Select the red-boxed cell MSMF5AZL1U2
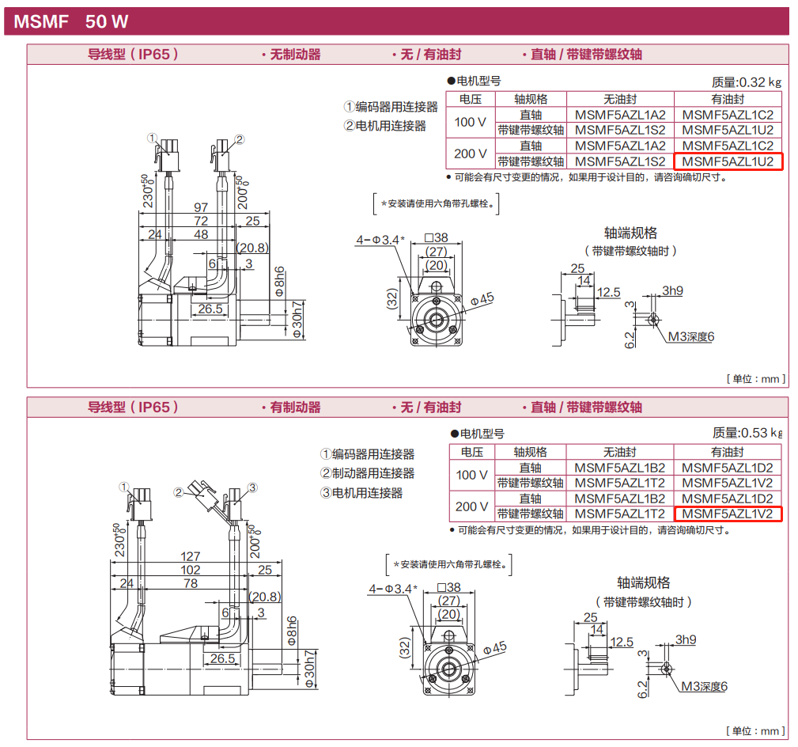click(728, 161)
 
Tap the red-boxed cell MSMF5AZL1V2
click(728, 514)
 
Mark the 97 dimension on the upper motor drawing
click(201, 207)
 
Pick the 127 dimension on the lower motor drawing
click(191, 556)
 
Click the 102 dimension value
click(191, 570)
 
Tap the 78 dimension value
click(191, 584)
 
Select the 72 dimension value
click(201, 221)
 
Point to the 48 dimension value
click(201, 235)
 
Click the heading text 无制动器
click(291, 55)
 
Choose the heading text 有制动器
click(291, 408)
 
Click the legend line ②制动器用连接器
click(367, 473)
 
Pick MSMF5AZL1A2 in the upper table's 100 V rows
click(620, 115)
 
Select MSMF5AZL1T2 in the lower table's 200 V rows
click(620, 514)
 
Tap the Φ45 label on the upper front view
click(482, 298)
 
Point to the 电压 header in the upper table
click(471, 99)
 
